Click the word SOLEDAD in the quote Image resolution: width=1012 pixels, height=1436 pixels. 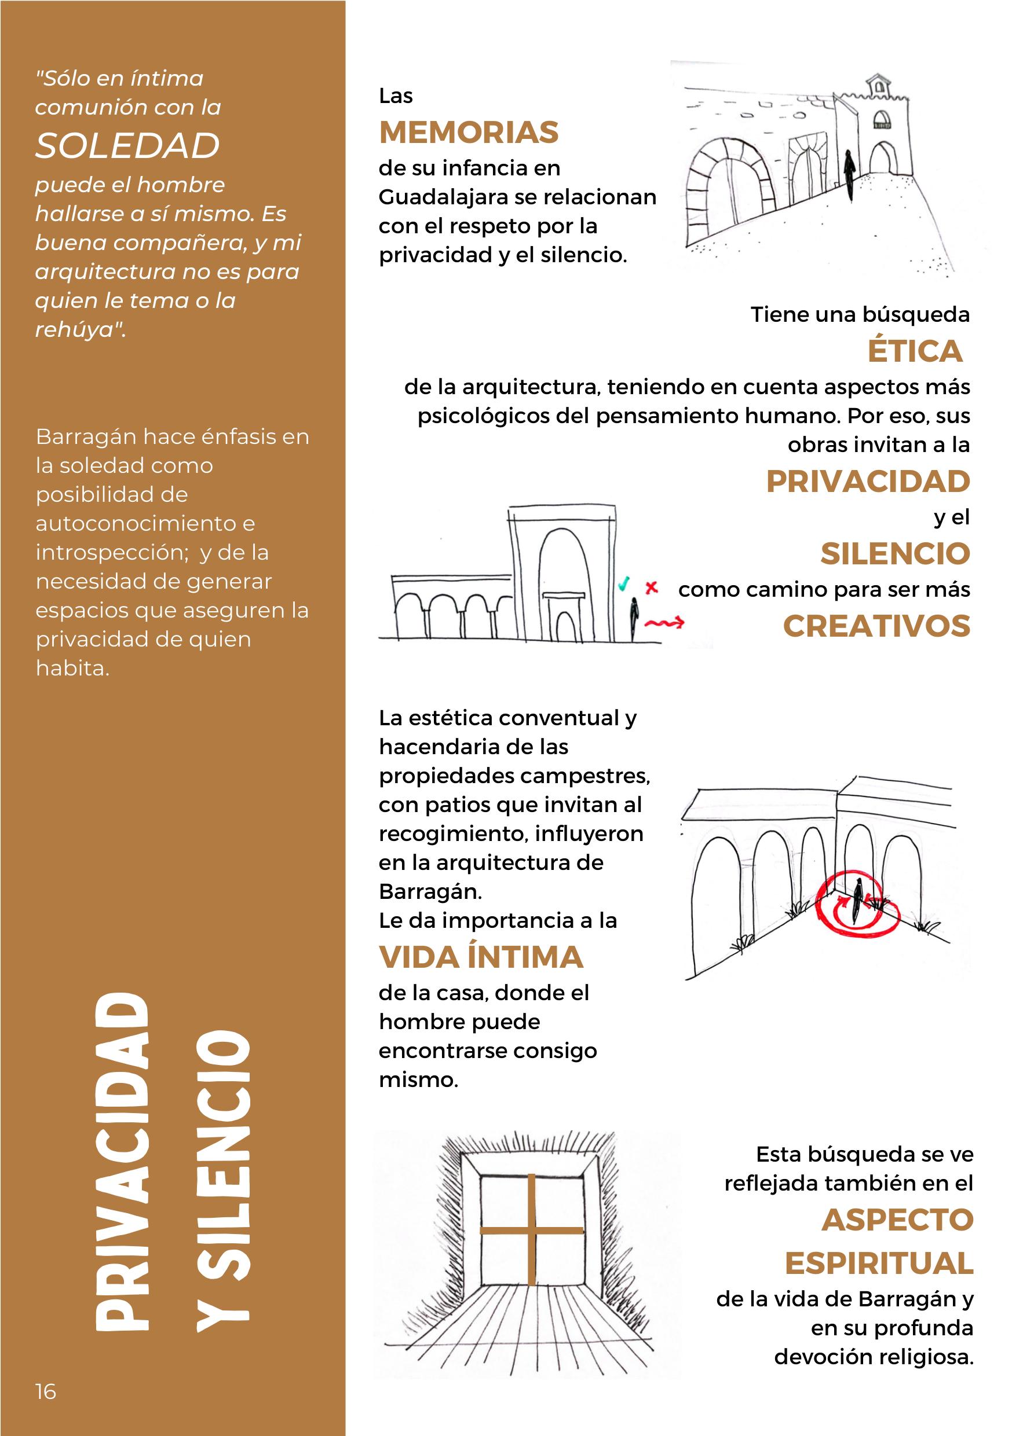[127, 146]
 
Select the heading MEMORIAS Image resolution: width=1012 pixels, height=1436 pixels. [469, 133]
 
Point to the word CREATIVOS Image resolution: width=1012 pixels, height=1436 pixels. [876, 626]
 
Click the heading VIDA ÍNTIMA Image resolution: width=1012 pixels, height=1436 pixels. [481, 957]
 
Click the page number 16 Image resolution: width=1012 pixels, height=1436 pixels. [46, 1391]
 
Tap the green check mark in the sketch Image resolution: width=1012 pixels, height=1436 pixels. [623, 585]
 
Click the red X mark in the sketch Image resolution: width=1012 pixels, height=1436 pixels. [652, 587]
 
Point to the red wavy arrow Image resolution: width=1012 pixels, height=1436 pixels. [664, 623]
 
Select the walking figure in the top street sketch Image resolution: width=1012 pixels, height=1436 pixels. [849, 174]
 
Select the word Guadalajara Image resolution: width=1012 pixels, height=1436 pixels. [447, 197]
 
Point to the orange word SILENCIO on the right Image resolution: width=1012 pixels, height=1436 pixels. [895, 553]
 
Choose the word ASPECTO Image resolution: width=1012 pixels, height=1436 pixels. [897, 1219]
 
